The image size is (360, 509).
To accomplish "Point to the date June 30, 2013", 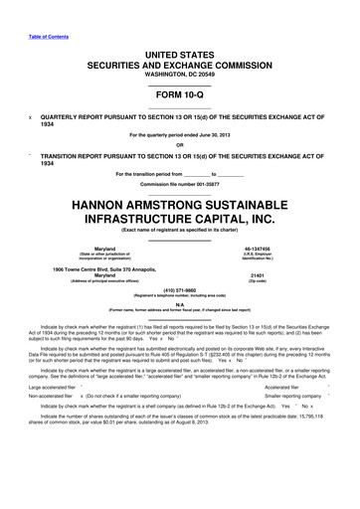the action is click(x=224, y=135).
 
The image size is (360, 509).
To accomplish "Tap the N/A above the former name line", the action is click(x=179, y=306).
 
